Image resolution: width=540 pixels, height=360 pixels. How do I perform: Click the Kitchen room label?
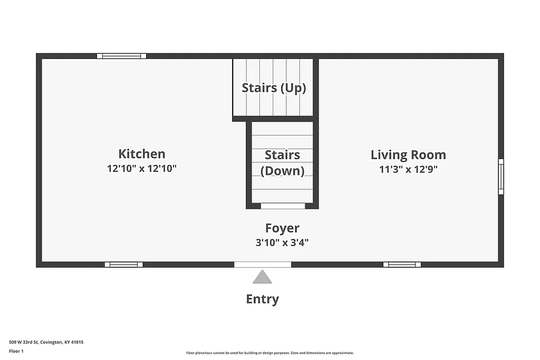click(141, 154)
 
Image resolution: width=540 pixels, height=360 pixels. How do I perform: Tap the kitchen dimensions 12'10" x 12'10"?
click(141, 169)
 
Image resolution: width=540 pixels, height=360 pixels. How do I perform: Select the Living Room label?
click(408, 155)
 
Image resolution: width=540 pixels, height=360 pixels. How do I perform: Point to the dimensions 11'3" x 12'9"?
click(408, 169)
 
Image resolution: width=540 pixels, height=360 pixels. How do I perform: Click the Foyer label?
click(282, 228)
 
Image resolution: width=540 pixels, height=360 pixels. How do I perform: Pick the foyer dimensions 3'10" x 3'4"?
click(282, 242)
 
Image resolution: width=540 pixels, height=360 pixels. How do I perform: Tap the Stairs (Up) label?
click(274, 87)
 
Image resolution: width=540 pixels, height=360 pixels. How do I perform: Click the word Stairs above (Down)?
click(282, 155)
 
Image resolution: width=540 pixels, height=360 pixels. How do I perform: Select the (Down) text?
click(282, 171)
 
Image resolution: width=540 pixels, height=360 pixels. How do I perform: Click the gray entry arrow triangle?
click(262, 277)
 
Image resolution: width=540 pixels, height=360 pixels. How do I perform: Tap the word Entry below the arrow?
click(262, 299)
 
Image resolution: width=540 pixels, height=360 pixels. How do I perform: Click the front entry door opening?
click(263, 265)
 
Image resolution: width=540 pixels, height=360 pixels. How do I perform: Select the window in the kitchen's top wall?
click(122, 56)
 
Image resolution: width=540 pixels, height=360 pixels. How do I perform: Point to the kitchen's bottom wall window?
click(123, 265)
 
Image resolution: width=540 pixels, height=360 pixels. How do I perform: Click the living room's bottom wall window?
click(402, 265)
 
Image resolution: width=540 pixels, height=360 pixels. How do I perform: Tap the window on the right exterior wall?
click(501, 177)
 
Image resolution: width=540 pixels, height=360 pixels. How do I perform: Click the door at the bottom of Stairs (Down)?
click(283, 206)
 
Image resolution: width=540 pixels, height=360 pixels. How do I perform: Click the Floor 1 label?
click(16, 351)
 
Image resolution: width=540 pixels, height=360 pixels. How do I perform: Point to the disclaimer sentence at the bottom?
click(269, 353)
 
